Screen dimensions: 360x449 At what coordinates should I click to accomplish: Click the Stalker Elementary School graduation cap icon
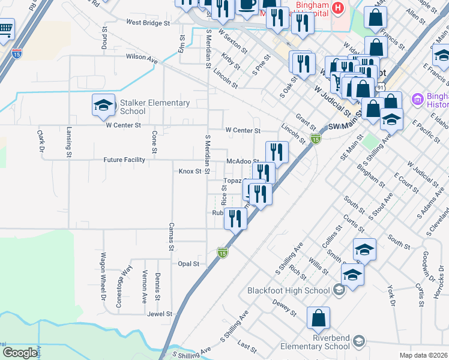[103, 106]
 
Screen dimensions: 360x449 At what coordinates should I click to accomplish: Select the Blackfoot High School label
[289, 291]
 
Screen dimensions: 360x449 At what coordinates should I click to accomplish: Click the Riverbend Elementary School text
[316, 342]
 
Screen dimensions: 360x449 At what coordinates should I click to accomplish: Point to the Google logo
[19, 353]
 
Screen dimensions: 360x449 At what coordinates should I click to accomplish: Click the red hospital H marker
[338, 8]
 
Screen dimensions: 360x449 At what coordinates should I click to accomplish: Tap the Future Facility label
[124, 160]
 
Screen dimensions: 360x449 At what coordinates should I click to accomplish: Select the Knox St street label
[190, 172]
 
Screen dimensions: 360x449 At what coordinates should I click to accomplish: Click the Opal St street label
[188, 264]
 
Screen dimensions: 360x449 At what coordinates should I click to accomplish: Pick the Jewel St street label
[160, 314]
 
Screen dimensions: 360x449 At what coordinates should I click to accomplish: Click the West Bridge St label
[148, 23]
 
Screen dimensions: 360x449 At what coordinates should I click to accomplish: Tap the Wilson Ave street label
[142, 57]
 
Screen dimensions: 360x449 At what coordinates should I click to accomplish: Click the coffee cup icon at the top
[247, 4]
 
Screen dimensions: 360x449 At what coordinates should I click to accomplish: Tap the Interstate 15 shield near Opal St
[222, 254]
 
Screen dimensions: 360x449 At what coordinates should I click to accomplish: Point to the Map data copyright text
[423, 355]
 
